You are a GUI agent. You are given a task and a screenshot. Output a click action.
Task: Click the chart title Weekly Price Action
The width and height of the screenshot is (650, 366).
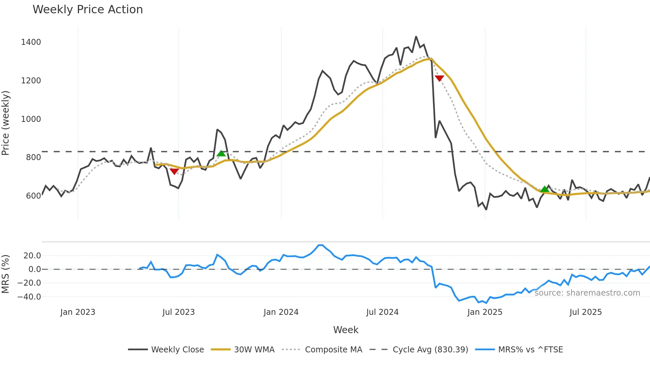point(88,10)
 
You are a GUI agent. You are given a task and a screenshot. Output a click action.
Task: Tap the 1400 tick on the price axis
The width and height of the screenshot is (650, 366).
point(31,42)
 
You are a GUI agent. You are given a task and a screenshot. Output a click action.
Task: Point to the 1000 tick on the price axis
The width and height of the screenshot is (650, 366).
point(31,119)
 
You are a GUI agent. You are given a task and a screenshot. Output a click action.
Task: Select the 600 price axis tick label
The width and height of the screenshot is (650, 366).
point(33,196)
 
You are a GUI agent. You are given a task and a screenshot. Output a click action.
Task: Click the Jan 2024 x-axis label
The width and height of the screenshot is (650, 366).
point(281,312)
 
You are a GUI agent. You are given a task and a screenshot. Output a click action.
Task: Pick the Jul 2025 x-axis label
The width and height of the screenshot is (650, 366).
point(585,312)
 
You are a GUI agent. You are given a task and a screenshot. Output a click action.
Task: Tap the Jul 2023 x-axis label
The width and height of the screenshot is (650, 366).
point(178,312)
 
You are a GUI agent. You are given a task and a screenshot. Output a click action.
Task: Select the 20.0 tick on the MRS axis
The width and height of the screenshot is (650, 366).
point(32,256)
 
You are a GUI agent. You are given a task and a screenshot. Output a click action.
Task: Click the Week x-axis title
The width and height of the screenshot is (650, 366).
point(346,330)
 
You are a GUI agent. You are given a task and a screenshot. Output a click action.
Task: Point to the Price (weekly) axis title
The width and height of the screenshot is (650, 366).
point(6,123)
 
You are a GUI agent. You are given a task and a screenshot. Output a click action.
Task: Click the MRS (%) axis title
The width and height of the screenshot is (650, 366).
point(6,274)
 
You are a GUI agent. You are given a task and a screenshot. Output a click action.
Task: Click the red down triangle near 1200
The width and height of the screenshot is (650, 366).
point(439,78)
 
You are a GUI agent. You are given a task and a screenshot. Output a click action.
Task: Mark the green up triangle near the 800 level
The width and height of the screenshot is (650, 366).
point(221,153)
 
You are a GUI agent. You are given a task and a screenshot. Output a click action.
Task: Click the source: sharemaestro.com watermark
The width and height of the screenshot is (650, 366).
point(587,293)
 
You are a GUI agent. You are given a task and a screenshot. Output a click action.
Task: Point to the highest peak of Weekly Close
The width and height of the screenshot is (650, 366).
point(416,37)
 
